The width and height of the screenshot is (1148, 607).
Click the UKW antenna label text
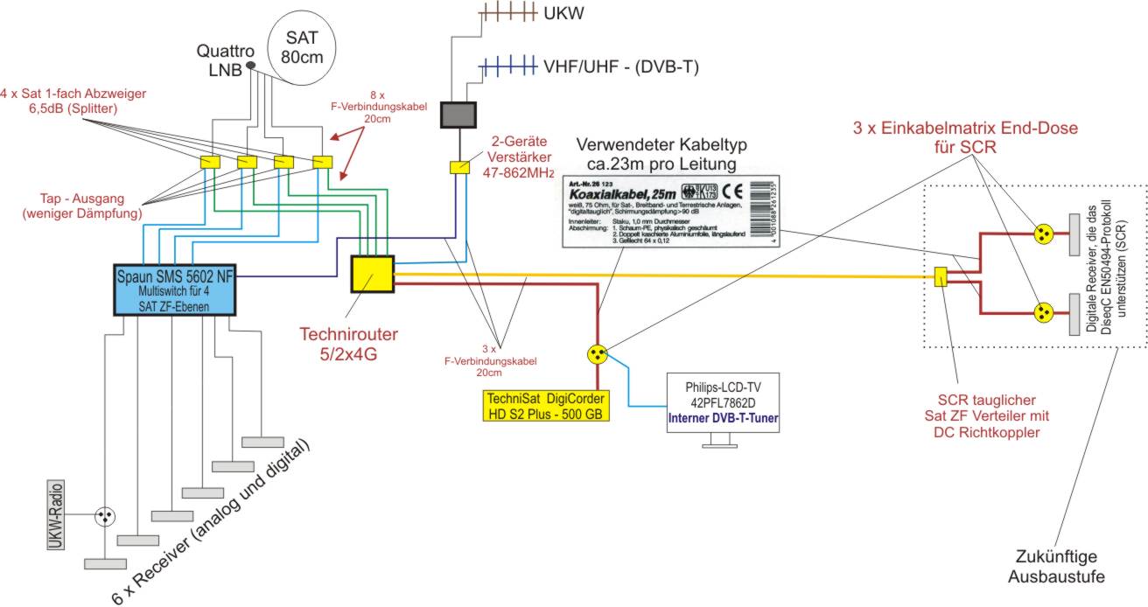point(563,15)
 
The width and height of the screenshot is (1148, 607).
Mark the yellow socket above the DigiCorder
point(598,354)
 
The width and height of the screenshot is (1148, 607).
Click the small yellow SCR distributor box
point(941,277)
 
